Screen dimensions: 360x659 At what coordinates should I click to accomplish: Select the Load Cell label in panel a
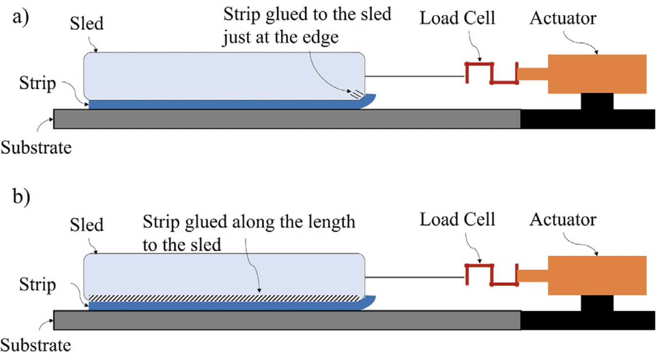click(458, 19)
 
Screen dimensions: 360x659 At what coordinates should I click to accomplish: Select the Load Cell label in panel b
click(458, 220)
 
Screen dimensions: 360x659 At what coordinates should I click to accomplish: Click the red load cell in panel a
click(491, 73)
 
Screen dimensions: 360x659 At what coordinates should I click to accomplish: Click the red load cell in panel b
click(491, 274)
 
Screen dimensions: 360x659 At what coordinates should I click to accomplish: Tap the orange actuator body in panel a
click(597, 73)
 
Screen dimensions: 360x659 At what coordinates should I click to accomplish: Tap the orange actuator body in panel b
click(597, 275)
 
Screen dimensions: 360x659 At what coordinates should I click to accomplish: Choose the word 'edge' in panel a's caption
click(320, 38)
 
